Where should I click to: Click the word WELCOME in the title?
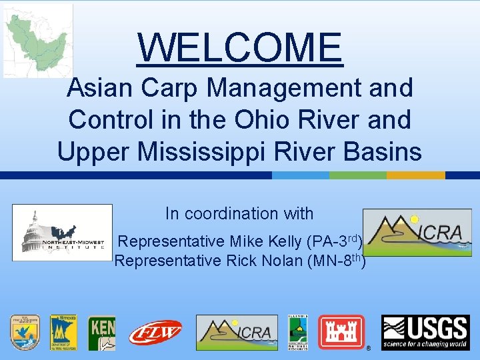point(240,47)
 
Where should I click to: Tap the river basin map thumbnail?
point(37,40)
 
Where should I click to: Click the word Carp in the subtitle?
point(189,87)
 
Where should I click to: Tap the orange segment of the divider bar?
point(416,175)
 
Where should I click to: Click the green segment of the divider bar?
point(358,175)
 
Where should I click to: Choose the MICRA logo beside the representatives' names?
point(417,233)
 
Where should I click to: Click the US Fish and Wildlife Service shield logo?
point(25,333)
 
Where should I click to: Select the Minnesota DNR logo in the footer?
point(63,333)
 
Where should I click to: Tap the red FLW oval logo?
point(155,332)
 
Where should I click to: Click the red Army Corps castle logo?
point(341,332)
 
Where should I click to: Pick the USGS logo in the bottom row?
point(425,333)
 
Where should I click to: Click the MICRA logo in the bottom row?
point(237,332)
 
